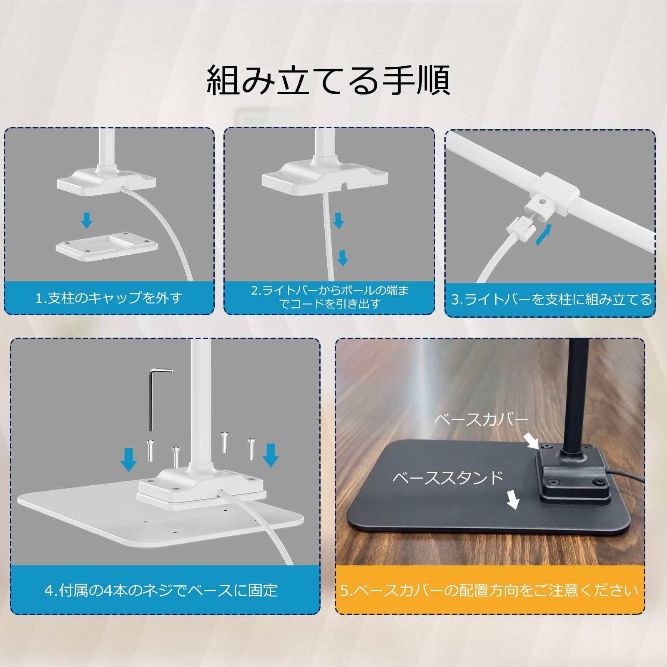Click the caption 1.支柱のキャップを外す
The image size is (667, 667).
[x=109, y=298]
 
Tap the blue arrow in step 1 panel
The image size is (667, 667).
[x=87, y=220]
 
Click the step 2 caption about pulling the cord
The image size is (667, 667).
[x=329, y=297]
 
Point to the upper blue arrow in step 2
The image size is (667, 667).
[x=339, y=220]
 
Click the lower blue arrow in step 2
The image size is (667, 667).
[x=343, y=258]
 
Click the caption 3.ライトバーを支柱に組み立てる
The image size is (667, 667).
[x=551, y=299]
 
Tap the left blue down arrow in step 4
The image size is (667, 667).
[x=128, y=459]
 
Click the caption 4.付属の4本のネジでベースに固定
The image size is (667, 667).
[x=161, y=590]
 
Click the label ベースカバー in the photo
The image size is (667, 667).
[x=481, y=419]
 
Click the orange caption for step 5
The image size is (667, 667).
[x=489, y=590]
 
